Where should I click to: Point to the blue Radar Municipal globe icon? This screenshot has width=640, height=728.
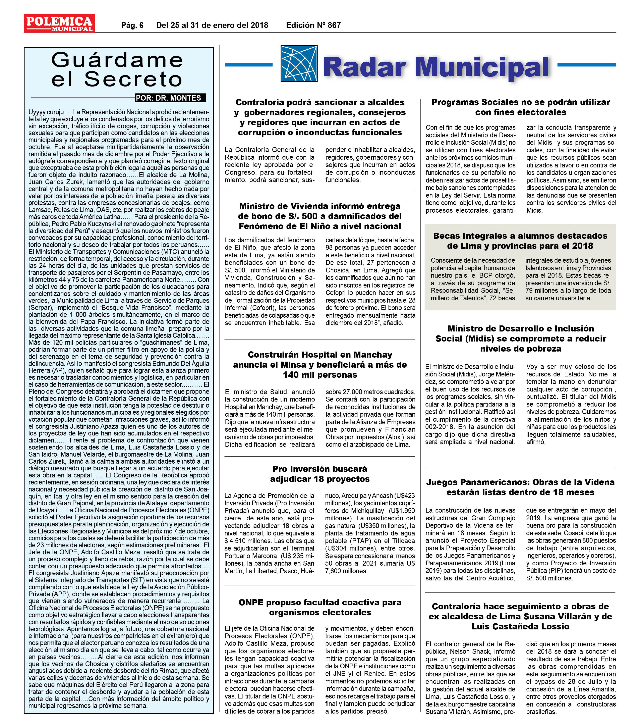pyautogui.click(x=298, y=64)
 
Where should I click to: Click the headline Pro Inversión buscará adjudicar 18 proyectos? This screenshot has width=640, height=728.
pyautogui.click(x=320, y=474)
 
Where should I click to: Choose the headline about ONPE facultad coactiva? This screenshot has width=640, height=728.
pyautogui.click(x=320, y=607)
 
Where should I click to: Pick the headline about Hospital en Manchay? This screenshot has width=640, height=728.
pyautogui.click(x=320, y=364)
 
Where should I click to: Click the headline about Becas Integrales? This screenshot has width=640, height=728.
pyautogui.click(x=520, y=241)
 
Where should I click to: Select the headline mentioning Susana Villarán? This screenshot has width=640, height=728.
pyautogui.click(x=520, y=616)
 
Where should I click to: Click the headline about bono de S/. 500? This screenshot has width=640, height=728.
pyautogui.click(x=320, y=216)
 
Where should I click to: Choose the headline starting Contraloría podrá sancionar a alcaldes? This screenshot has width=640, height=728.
pyautogui.click(x=320, y=117)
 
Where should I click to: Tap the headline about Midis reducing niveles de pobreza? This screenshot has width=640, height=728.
pyautogui.click(x=520, y=338)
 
